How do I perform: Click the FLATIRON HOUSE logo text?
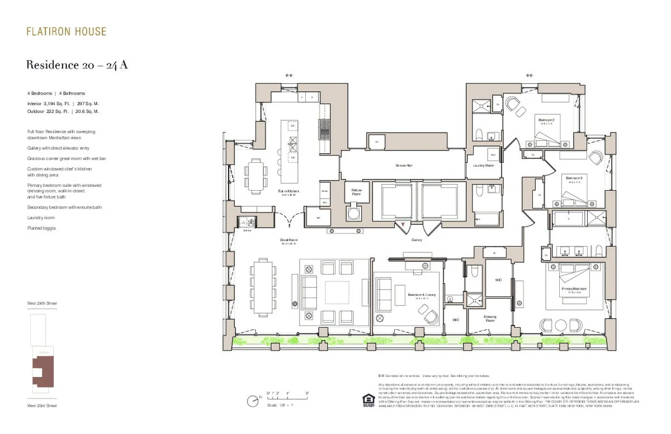coord(67,31)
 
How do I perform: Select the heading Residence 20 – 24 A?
coord(77,65)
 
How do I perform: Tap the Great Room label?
coord(288,240)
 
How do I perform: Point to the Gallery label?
coord(417,239)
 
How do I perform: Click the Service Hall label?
coord(403,166)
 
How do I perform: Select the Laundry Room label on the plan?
coord(483,166)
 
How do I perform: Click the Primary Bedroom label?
coord(575,289)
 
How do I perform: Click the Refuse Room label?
coord(356,192)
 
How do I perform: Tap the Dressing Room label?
coord(490,318)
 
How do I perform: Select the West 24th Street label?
coord(42,303)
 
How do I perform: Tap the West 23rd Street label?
coord(42,405)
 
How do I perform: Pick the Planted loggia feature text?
coord(41,228)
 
